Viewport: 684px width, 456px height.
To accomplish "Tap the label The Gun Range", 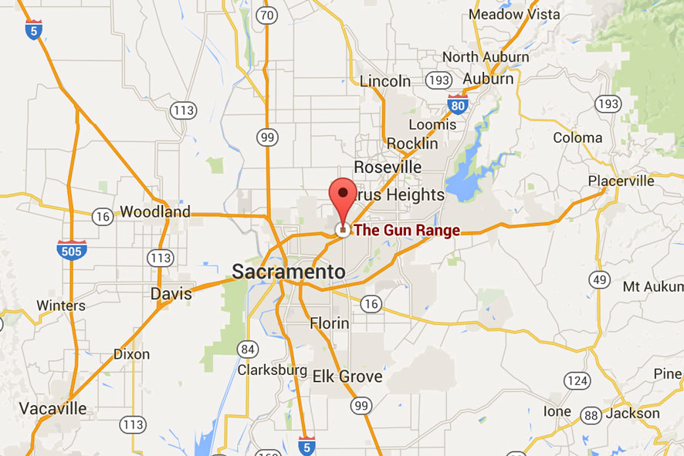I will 406,230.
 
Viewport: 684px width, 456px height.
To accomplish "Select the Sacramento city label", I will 288,272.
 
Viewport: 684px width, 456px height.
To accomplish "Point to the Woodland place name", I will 155,211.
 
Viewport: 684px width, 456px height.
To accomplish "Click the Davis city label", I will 171,294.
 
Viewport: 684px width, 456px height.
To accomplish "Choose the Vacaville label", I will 53,408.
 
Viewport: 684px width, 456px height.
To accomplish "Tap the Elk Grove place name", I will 347,377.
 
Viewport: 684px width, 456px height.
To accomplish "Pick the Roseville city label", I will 388,167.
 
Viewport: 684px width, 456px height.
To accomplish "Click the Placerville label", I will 621,181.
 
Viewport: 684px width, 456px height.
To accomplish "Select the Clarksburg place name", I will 272,370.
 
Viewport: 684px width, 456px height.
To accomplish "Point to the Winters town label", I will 61,306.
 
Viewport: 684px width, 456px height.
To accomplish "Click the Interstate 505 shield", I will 72,249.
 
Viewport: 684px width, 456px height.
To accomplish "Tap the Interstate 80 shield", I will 458,104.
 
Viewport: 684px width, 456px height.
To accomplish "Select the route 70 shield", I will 267,15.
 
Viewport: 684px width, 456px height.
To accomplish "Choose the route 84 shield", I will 248,349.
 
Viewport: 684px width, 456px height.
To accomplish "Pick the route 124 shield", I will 576,380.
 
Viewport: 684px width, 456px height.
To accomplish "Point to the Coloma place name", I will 577,138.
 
